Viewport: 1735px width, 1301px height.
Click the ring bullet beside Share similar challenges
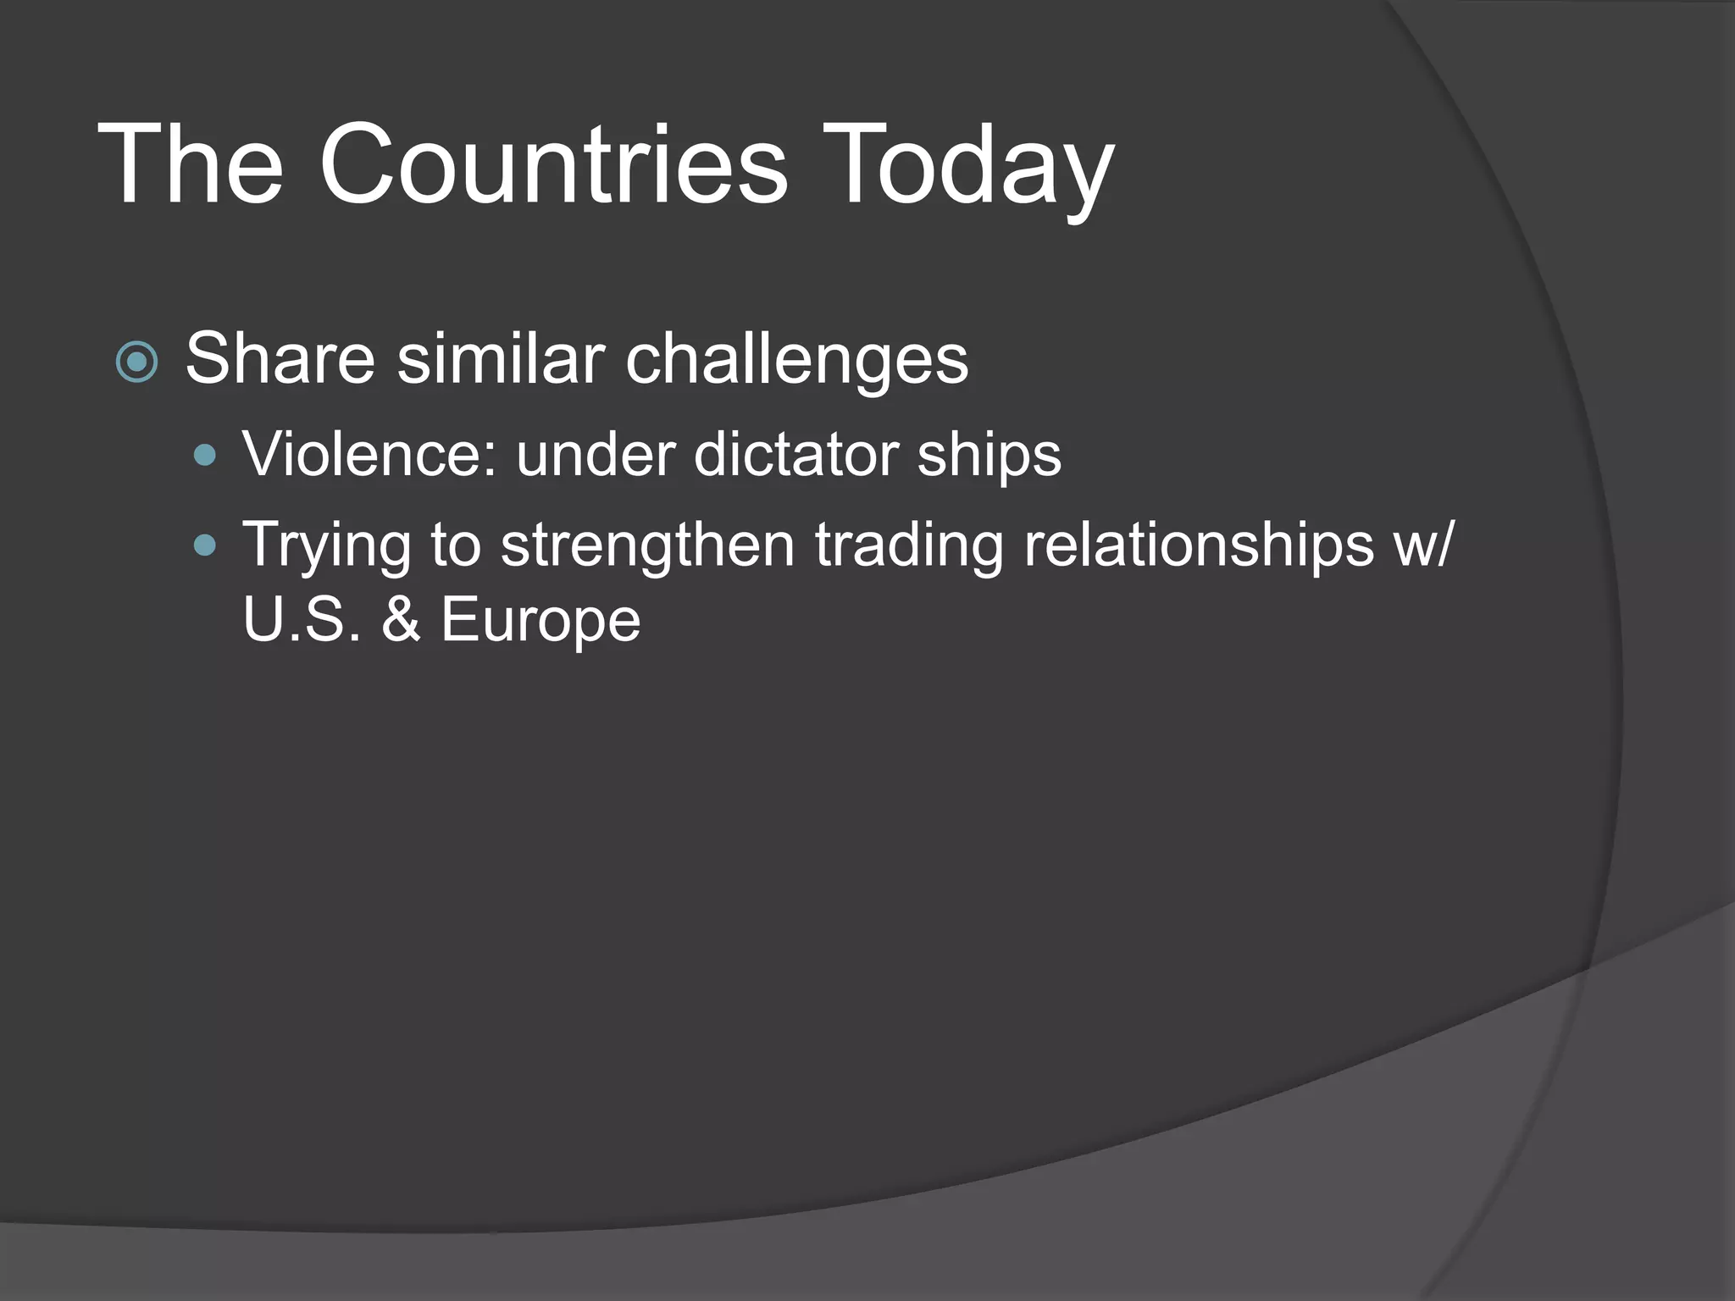pyautogui.click(x=136, y=362)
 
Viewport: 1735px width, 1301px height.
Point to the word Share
pyautogui.click(x=280, y=359)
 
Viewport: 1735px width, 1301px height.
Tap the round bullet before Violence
pyautogui.click(x=205, y=457)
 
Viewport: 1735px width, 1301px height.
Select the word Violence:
pyautogui.click(x=369, y=455)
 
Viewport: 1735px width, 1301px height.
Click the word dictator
pyautogui.click(x=795, y=455)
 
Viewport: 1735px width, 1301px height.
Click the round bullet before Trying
pyautogui.click(x=205, y=545)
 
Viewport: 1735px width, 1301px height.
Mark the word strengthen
pyautogui.click(x=647, y=544)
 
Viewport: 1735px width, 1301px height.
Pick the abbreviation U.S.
pyautogui.click(x=302, y=619)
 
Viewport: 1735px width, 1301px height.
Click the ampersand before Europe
pyautogui.click(x=401, y=619)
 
